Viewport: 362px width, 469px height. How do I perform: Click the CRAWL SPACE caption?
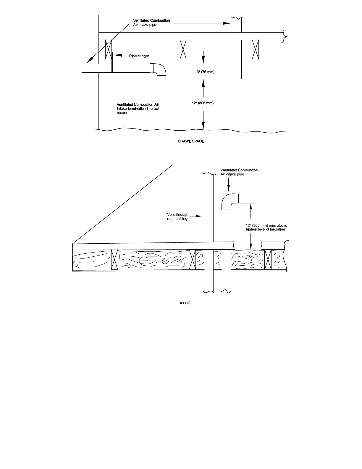tap(191, 141)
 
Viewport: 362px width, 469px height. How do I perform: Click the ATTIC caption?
tap(185, 303)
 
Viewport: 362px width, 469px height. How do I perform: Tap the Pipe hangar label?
tap(139, 56)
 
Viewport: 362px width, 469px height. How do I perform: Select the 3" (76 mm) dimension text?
tap(206, 72)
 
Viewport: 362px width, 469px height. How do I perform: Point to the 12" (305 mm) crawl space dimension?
tap(203, 103)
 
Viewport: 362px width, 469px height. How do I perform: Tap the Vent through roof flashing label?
tap(177, 216)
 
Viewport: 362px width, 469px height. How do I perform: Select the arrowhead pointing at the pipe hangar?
tap(116, 55)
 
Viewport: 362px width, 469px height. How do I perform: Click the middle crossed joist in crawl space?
tap(183, 49)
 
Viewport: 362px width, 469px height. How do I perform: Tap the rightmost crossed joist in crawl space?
tap(255, 49)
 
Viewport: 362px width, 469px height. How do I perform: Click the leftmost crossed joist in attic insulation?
tap(114, 260)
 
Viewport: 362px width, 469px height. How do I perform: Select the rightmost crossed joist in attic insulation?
tap(268, 259)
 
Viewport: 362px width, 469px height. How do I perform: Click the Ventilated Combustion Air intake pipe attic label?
tap(239, 172)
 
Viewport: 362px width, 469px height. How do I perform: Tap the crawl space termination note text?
tap(138, 109)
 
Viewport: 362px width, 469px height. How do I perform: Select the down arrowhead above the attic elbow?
tap(228, 189)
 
